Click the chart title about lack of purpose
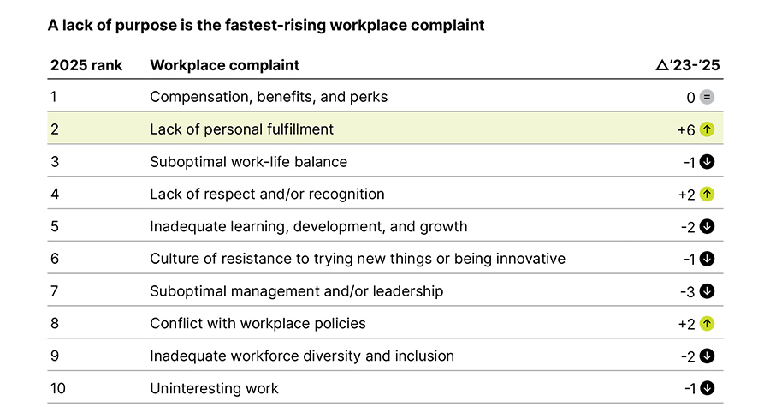click(x=267, y=26)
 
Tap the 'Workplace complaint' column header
click(x=224, y=65)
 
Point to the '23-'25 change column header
click(x=688, y=65)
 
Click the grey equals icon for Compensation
click(x=707, y=98)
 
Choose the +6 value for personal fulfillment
click(x=686, y=130)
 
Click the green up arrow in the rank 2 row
click(x=707, y=130)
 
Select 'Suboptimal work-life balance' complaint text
click(x=248, y=162)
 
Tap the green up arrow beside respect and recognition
click(x=707, y=195)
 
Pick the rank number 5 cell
click(x=54, y=227)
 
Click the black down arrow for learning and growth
click(x=707, y=227)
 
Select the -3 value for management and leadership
click(x=686, y=291)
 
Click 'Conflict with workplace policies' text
click(x=258, y=324)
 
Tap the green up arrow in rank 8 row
click(x=707, y=324)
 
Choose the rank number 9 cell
click(x=54, y=356)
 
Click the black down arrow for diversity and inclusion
click(x=707, y=356)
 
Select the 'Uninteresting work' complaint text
click(x=214, y=388)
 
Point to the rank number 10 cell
click(x=57, y=388)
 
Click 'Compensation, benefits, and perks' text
click(x=269, y=97)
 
